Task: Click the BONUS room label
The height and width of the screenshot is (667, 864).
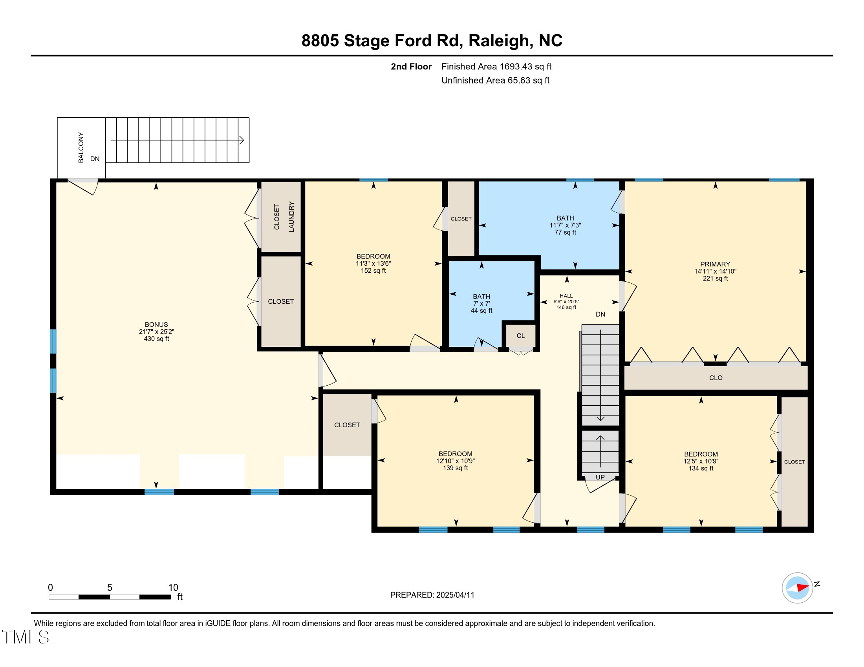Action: click(x=156, y=324)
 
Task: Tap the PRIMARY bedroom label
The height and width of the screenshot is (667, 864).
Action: click(x=715, y=264)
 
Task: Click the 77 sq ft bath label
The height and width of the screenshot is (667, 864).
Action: click(x=565, y=225)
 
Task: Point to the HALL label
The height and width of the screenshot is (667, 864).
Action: click(x=566, y=296)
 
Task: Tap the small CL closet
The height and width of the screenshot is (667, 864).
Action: click(x=521, y=336)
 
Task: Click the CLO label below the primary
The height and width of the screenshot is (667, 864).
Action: click(x=716, y=378)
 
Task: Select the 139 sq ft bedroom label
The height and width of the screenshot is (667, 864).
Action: click(x=455, y=461)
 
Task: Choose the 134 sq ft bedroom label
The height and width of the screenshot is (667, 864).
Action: click(x=701, y=461)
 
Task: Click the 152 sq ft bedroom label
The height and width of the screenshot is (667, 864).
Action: click(x=373, y=264)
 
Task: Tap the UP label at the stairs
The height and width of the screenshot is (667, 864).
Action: click(x=600, y=477)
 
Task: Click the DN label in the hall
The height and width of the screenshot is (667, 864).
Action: click(x=600, y=315)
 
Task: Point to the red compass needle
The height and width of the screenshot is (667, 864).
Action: click(x=802, y=588)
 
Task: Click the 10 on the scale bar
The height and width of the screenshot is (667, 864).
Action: click(x=173, y=588)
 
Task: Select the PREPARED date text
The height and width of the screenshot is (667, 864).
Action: click(x=432, y=595)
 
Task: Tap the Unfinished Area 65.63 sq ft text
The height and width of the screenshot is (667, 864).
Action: click(x=495, y=80)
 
